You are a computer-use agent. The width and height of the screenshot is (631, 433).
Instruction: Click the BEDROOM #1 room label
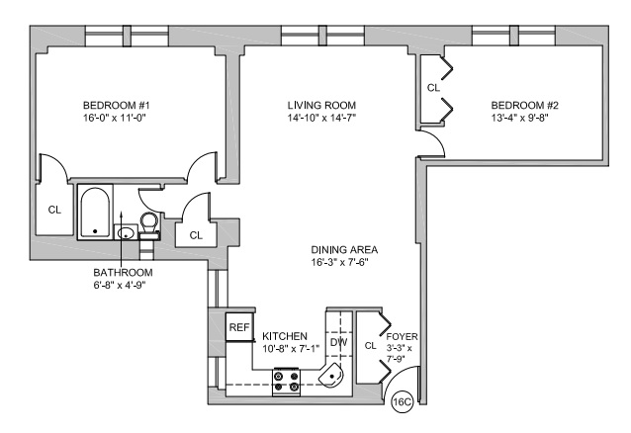click(x=116, y=106)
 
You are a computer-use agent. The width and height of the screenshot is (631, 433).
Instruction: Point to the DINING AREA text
click(x=344, y=250)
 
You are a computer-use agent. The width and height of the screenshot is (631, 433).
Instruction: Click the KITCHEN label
click(x=285, y=337)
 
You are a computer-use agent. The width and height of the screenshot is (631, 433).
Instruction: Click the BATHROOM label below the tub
click(x=124, y=272)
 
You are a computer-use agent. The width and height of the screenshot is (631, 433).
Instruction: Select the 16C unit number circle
click(x=403, y=402)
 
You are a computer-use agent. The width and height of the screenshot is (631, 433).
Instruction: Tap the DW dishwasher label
click(x=338, y=342)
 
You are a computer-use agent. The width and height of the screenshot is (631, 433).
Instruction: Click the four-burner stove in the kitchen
click(x=286, y=381)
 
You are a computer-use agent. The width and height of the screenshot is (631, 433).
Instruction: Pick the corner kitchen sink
click(x=333, y=377)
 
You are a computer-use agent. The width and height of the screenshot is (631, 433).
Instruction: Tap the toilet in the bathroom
click(x=149, y=223)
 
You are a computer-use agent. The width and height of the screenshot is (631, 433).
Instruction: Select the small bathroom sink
click(x=126, y=233)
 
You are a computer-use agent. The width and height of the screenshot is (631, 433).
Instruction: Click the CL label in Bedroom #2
click(x=433, y=88)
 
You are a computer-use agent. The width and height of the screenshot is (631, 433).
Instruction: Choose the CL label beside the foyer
click(x=369, y=345)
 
